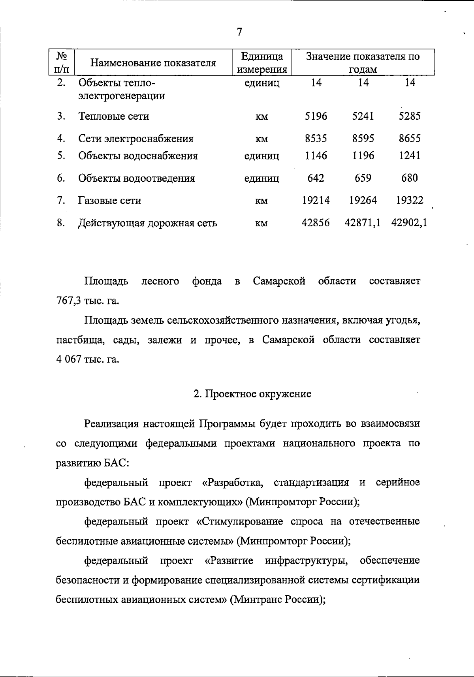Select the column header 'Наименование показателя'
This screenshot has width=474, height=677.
(x=153, y=63)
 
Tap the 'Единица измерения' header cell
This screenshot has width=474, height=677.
(x=261, y=63)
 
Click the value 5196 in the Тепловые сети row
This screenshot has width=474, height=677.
(x=316, y=116)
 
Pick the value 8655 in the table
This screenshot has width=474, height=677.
(x=409, y=138)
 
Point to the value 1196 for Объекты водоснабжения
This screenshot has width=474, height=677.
(x=363, y=156)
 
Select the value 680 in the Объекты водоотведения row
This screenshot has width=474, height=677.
(x=409, y=178)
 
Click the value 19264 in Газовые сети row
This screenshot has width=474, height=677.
(x=363, y=200)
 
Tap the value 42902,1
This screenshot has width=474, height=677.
(x=409, y=223)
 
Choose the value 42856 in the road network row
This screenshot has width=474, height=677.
(x=316, y=223)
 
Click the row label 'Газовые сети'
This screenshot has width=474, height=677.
(x=110, y=201)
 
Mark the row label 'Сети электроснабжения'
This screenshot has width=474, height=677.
(x=136, y=139)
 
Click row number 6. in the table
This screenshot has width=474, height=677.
(x=60, y=178)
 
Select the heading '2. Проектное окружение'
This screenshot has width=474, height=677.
(x=252, y=394)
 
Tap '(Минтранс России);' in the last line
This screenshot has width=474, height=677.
(x=278, y=600)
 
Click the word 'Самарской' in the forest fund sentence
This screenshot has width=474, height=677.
(x=279, y=281)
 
